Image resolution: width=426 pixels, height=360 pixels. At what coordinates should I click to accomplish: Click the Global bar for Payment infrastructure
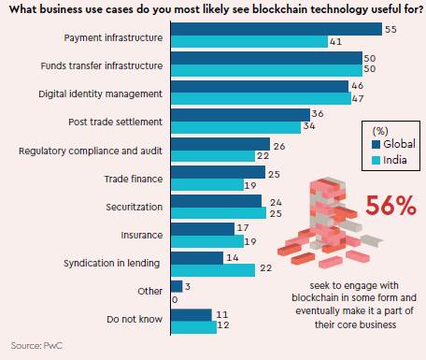277,29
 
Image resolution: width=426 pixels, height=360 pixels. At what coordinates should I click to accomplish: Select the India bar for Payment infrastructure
248,42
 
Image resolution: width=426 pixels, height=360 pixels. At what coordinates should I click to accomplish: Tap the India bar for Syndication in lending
213,270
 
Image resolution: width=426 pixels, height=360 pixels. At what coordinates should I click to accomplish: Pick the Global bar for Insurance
202,228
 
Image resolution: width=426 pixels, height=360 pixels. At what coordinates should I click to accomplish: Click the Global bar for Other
176,285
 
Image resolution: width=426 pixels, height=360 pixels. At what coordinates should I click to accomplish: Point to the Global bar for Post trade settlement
240,114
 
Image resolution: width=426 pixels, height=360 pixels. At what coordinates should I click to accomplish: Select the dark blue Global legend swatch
376,146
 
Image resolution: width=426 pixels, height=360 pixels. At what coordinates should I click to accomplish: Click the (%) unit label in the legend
381,130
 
